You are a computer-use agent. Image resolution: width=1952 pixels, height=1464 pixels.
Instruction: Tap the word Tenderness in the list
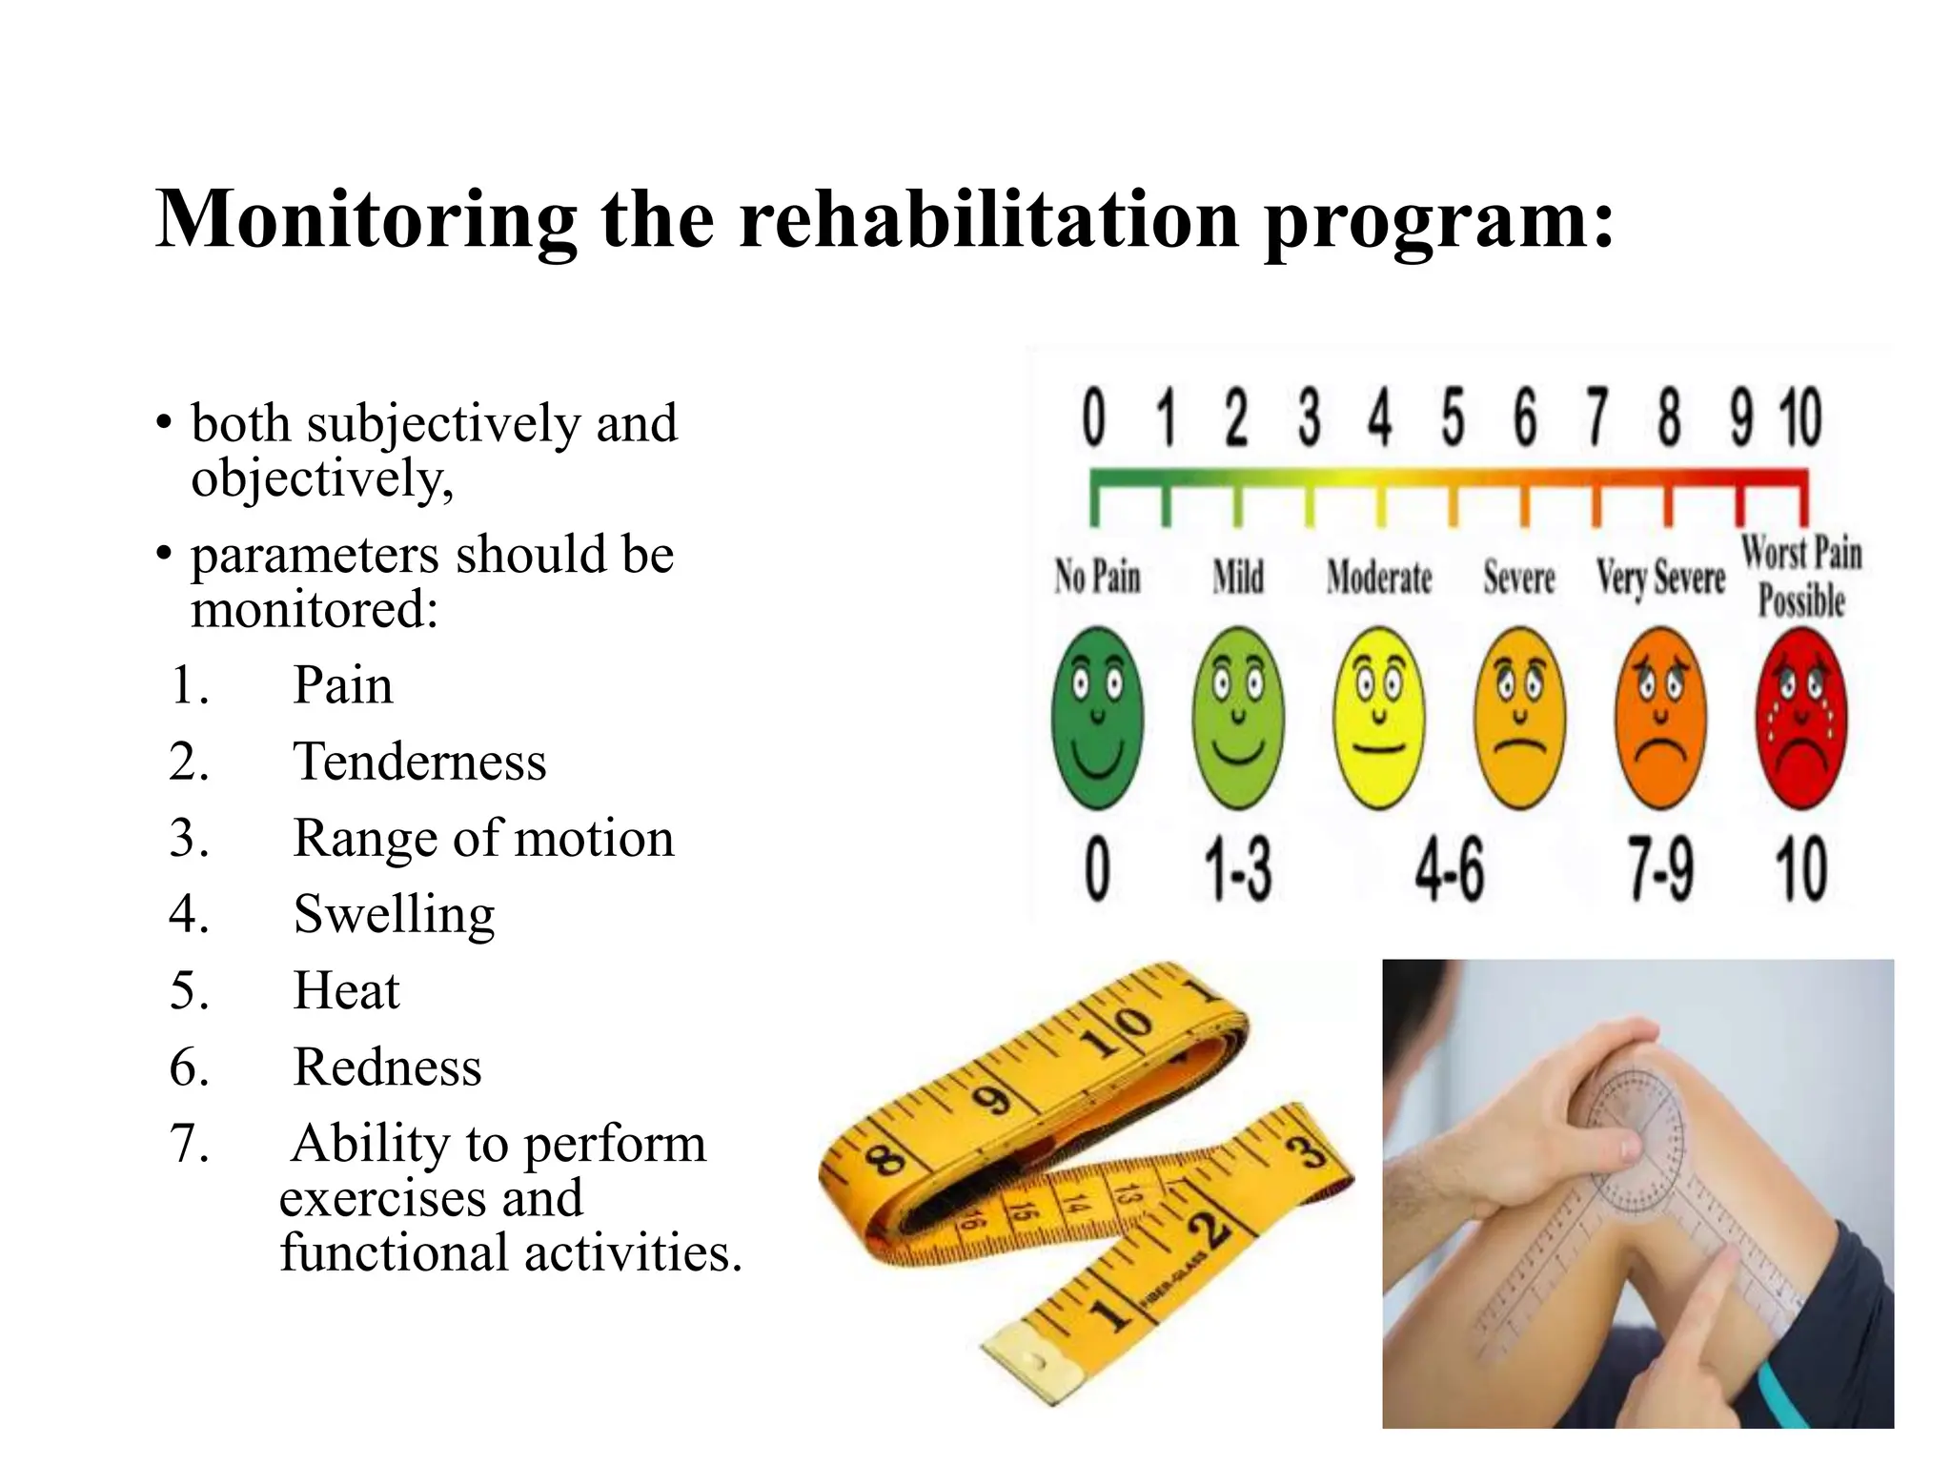[419, 762]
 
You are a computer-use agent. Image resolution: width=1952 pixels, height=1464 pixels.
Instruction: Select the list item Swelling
[394, 914]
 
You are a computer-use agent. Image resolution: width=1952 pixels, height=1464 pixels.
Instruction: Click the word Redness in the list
[387, 1067]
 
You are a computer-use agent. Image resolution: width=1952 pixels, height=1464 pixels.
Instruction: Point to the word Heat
[346, 990]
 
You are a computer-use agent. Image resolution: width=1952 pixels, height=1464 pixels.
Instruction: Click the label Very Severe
[1660, 578]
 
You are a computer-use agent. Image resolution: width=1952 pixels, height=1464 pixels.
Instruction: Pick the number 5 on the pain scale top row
[1452, 418]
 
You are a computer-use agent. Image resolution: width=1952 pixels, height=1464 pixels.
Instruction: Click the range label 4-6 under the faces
[1449, 870]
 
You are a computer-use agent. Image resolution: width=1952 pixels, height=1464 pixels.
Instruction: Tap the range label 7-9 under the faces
[1660, 870]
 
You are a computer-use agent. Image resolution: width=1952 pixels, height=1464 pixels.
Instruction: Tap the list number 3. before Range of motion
[189, 839]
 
